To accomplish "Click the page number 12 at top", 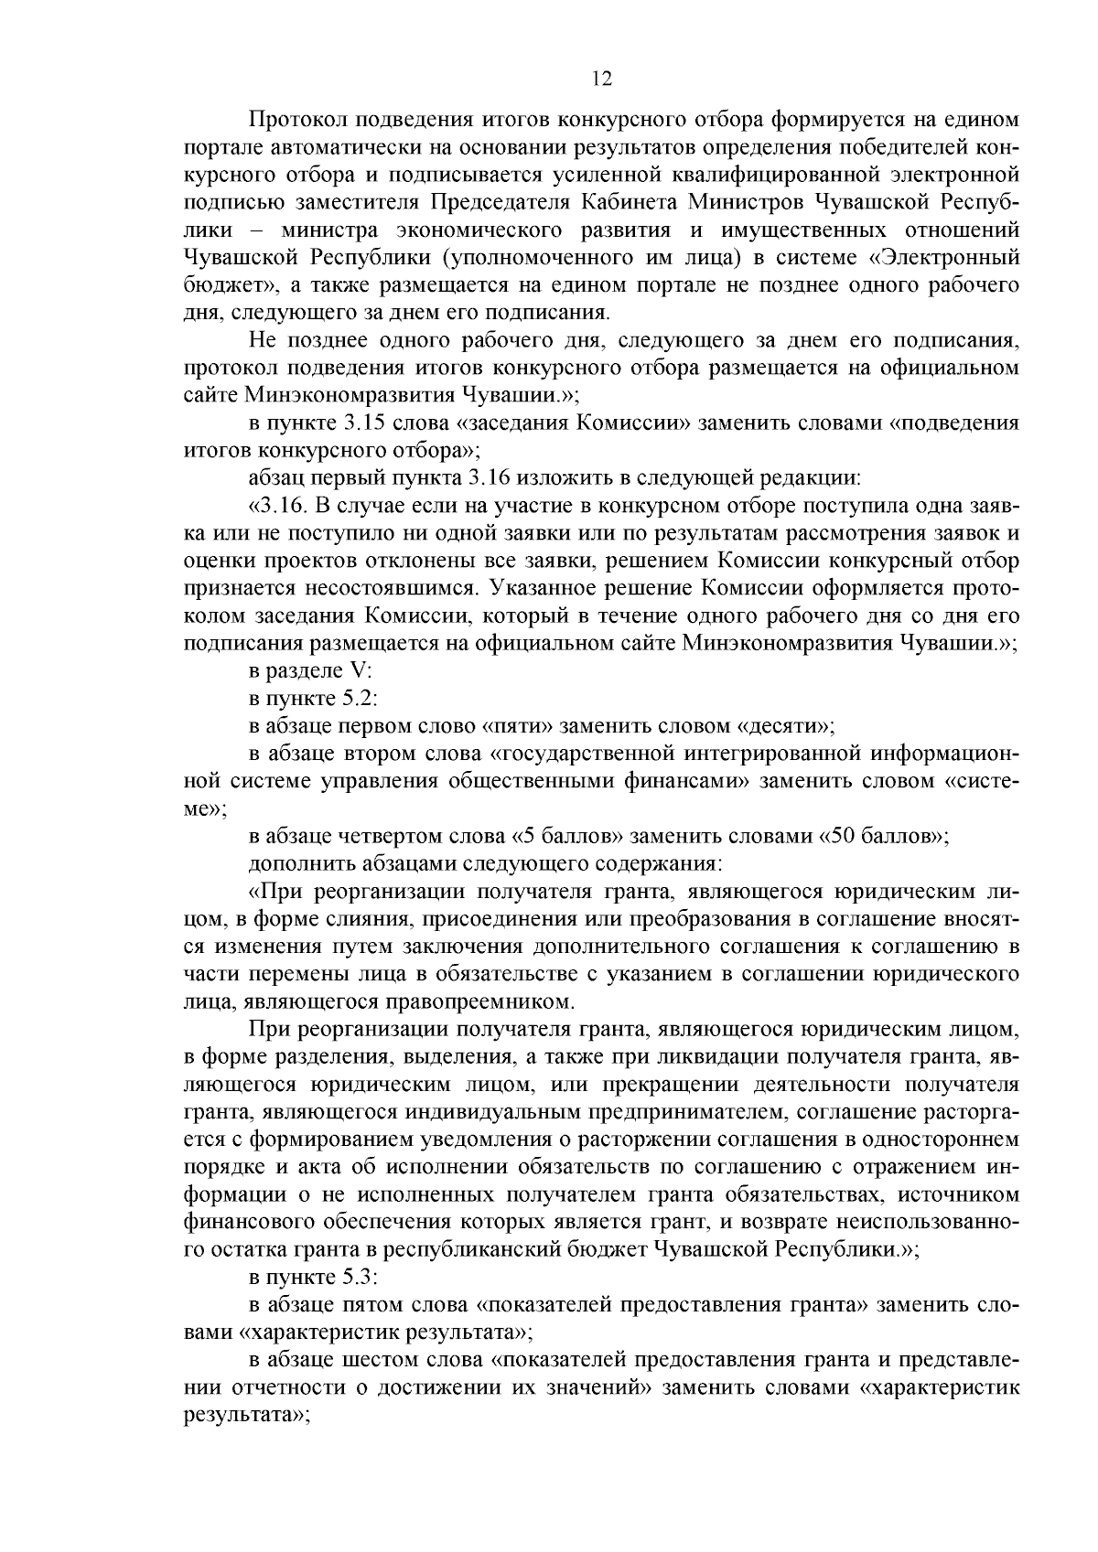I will pos(602,79).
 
